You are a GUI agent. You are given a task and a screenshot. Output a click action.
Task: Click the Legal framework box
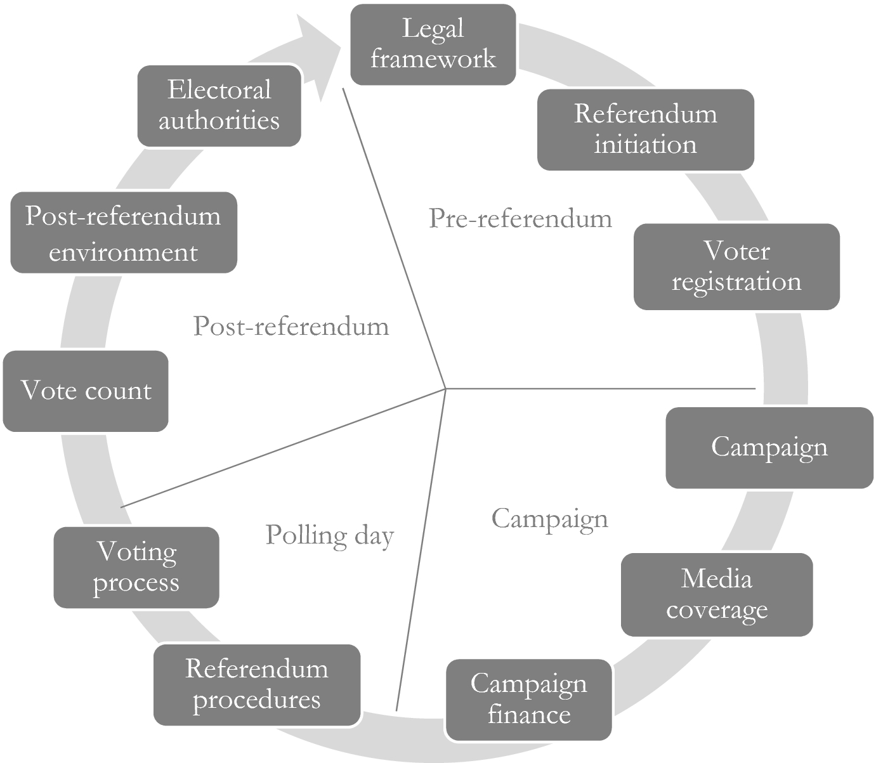coord(433,44)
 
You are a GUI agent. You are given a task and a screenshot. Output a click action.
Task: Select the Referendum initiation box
coord(645,129)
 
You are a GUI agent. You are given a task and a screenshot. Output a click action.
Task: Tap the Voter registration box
coord(736,266)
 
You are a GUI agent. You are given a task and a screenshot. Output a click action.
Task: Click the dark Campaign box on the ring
coord(769,448)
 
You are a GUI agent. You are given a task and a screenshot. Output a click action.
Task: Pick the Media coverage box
coord(716,594)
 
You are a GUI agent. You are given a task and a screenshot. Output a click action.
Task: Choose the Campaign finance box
coord(528,700)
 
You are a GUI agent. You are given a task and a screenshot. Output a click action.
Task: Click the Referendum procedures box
coord(257,685)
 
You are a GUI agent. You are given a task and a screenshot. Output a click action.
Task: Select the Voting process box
coord(136,568)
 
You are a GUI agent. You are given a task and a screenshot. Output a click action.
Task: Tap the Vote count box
coord(86,391)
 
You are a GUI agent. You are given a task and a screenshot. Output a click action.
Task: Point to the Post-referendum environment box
coord(123,233)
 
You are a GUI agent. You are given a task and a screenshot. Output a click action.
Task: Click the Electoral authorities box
coord(219,105)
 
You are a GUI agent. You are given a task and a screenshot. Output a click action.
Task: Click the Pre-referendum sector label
coord(520,219)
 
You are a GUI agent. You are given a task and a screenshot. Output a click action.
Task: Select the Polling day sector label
coord(329,536)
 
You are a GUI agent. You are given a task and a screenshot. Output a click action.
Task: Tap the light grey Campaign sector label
coord(549,519)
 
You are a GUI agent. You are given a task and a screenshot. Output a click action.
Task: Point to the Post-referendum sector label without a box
coord(291,327)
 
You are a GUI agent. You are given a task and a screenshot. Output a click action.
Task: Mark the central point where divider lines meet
coord(445,388)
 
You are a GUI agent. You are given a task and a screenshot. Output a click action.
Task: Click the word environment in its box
coord(123,252)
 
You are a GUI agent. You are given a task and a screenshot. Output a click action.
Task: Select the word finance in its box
coord(528,715)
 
